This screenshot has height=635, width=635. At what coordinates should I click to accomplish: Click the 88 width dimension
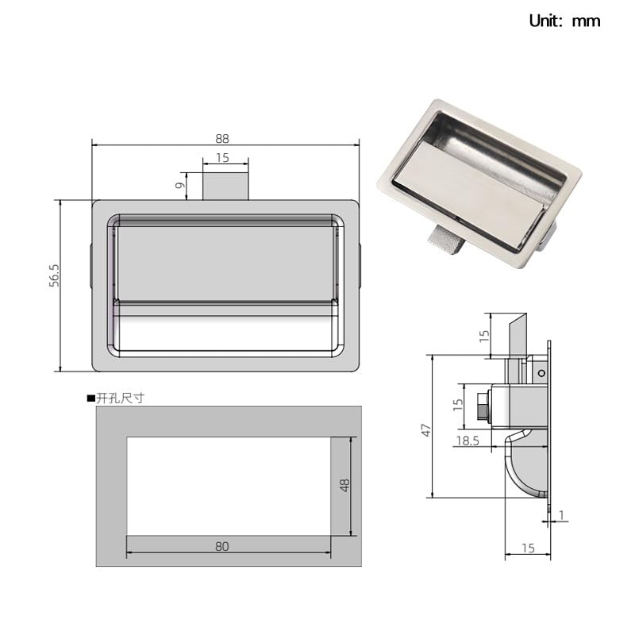pyautogui.click(x=222, y=139)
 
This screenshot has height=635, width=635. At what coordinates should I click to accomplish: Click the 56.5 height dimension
pyautogui.click(x=54, y=275)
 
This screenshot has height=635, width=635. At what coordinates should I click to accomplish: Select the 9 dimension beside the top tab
pyautogui.click(x=180, y=186)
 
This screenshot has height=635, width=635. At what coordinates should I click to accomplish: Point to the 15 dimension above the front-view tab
pyautogui.click(x=222, y=157)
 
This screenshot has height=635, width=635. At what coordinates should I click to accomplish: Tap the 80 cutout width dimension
pyautogui.click(x=222, y=547)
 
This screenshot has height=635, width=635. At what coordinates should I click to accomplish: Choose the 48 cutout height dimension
pyautogui.click(x=344, y=485)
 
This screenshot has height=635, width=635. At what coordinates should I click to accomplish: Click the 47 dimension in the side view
pyautogui.click(x=426, y=430)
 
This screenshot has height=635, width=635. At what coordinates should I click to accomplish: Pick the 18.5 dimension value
pyautogui.click(x=468, y=441)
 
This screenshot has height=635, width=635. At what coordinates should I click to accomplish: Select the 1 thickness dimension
pyautogui.click(x=561, y=515)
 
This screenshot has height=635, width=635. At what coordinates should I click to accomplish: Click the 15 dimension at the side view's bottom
pyautogui.click(x=528, y=548)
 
